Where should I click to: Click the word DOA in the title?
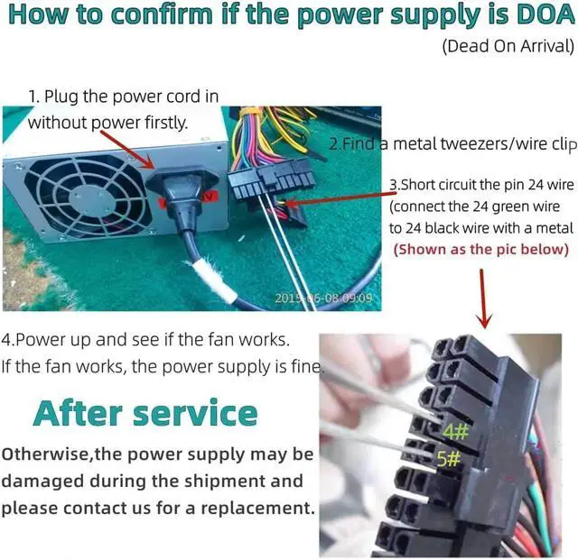(x=537, y=16)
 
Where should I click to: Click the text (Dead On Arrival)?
(x=508, y=46)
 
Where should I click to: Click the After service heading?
(x=145, y=413)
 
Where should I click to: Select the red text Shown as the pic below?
(x=481, y=249)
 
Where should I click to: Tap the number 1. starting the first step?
(x=33, y=95)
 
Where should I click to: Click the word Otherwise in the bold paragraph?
(x=45, y=454)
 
